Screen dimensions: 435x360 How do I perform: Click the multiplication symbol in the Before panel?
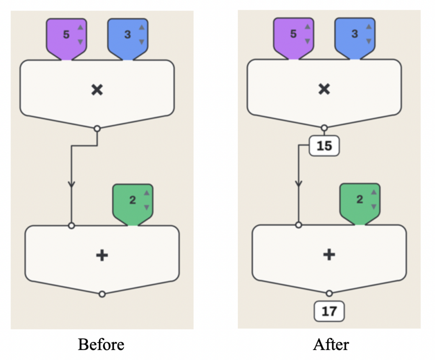coord(97,90)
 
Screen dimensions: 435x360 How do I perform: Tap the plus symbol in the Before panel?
coord(102,255)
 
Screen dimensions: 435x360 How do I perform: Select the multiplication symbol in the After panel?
coord(324,89)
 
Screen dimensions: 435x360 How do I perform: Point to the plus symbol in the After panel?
coord(329,255)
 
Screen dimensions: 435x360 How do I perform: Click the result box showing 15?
coord(324,146)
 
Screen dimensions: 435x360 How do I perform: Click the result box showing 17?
coord(329,311)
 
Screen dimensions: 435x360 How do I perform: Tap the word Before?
coord(101,344)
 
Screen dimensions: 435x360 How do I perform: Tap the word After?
coord(331,344)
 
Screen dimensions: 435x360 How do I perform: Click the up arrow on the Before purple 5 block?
coord(80,27)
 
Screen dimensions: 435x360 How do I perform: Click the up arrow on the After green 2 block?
coord(374,192)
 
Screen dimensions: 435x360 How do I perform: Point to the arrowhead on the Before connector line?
coord(71,184)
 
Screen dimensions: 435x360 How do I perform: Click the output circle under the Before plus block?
coord(102,294)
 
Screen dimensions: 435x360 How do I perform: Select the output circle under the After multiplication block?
coord(324,128)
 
